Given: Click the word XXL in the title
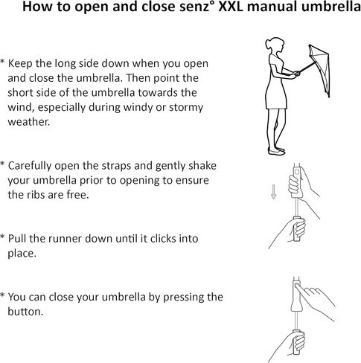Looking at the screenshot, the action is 231,7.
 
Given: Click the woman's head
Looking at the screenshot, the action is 275,46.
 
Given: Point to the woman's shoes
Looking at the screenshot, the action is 276,150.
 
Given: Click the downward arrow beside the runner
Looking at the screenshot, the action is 273,192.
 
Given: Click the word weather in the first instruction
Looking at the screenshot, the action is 29,122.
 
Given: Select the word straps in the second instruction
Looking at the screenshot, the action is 115,166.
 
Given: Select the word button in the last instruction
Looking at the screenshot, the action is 25,312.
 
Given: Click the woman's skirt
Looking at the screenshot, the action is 276,95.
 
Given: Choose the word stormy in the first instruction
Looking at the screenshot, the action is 186,107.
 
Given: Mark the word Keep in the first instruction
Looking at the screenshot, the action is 20,64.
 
